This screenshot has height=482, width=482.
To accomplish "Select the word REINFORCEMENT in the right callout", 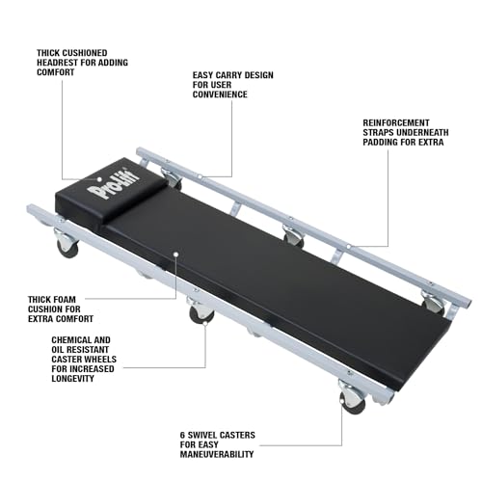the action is [x=396, y=123].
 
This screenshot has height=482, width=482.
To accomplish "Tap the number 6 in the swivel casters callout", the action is [x=182, y=436].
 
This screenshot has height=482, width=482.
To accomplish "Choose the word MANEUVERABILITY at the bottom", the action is [x=217, y=454].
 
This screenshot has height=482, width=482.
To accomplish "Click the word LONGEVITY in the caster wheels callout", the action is [x=72, y=379].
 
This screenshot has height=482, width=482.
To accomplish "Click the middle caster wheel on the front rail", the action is [x=201, y=311].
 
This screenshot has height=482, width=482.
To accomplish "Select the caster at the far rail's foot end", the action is [x=434, y=303].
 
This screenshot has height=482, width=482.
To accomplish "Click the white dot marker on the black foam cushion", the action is [x=175, y=254].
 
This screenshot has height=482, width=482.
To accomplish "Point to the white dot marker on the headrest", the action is [x=99, y=179].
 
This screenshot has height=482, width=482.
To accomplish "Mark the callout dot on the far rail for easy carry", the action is [x=200, y=176].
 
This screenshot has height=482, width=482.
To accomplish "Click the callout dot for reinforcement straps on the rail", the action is [x=349, y=247].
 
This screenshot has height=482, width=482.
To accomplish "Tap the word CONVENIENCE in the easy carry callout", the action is [x=220, y=94].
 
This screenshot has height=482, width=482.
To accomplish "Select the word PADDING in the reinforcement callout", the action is [x=379, y=143].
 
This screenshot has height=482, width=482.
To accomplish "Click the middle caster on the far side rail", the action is [x=293, y=237].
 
